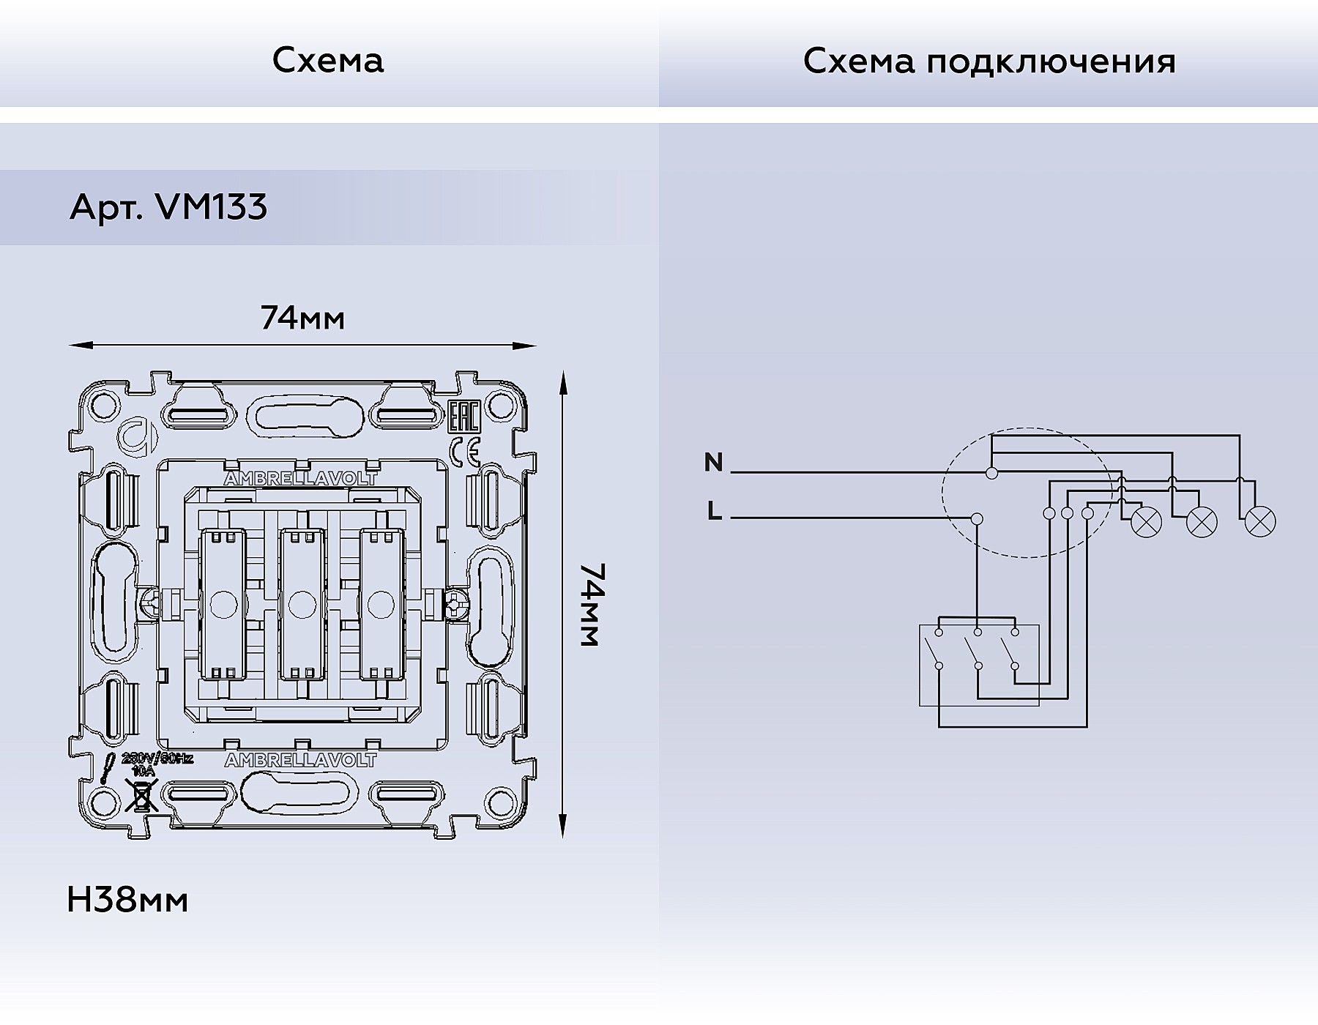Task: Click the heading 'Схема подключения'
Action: tap(988, 61)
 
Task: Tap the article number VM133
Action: tap(212, 207)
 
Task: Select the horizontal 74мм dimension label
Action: tap(302, 318)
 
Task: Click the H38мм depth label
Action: tap(127, 900)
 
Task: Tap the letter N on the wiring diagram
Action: tap(713, 463)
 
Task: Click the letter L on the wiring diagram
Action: tap(715, 511)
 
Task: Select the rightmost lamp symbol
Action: tap(1259, 523)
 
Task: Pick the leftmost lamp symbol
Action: tap(1147, 522)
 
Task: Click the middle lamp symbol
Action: tap(1202, 522)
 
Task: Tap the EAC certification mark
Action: tap(463, 417)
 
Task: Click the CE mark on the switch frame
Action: tap(464, 452)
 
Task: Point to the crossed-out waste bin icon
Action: tap(141, 795)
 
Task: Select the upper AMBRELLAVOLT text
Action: tap(300, 479)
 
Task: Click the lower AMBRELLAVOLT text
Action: tap(300, 761)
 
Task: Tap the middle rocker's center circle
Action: tap(299, 605)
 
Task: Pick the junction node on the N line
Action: tap(991, 473)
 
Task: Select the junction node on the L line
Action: tap(975, 518)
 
